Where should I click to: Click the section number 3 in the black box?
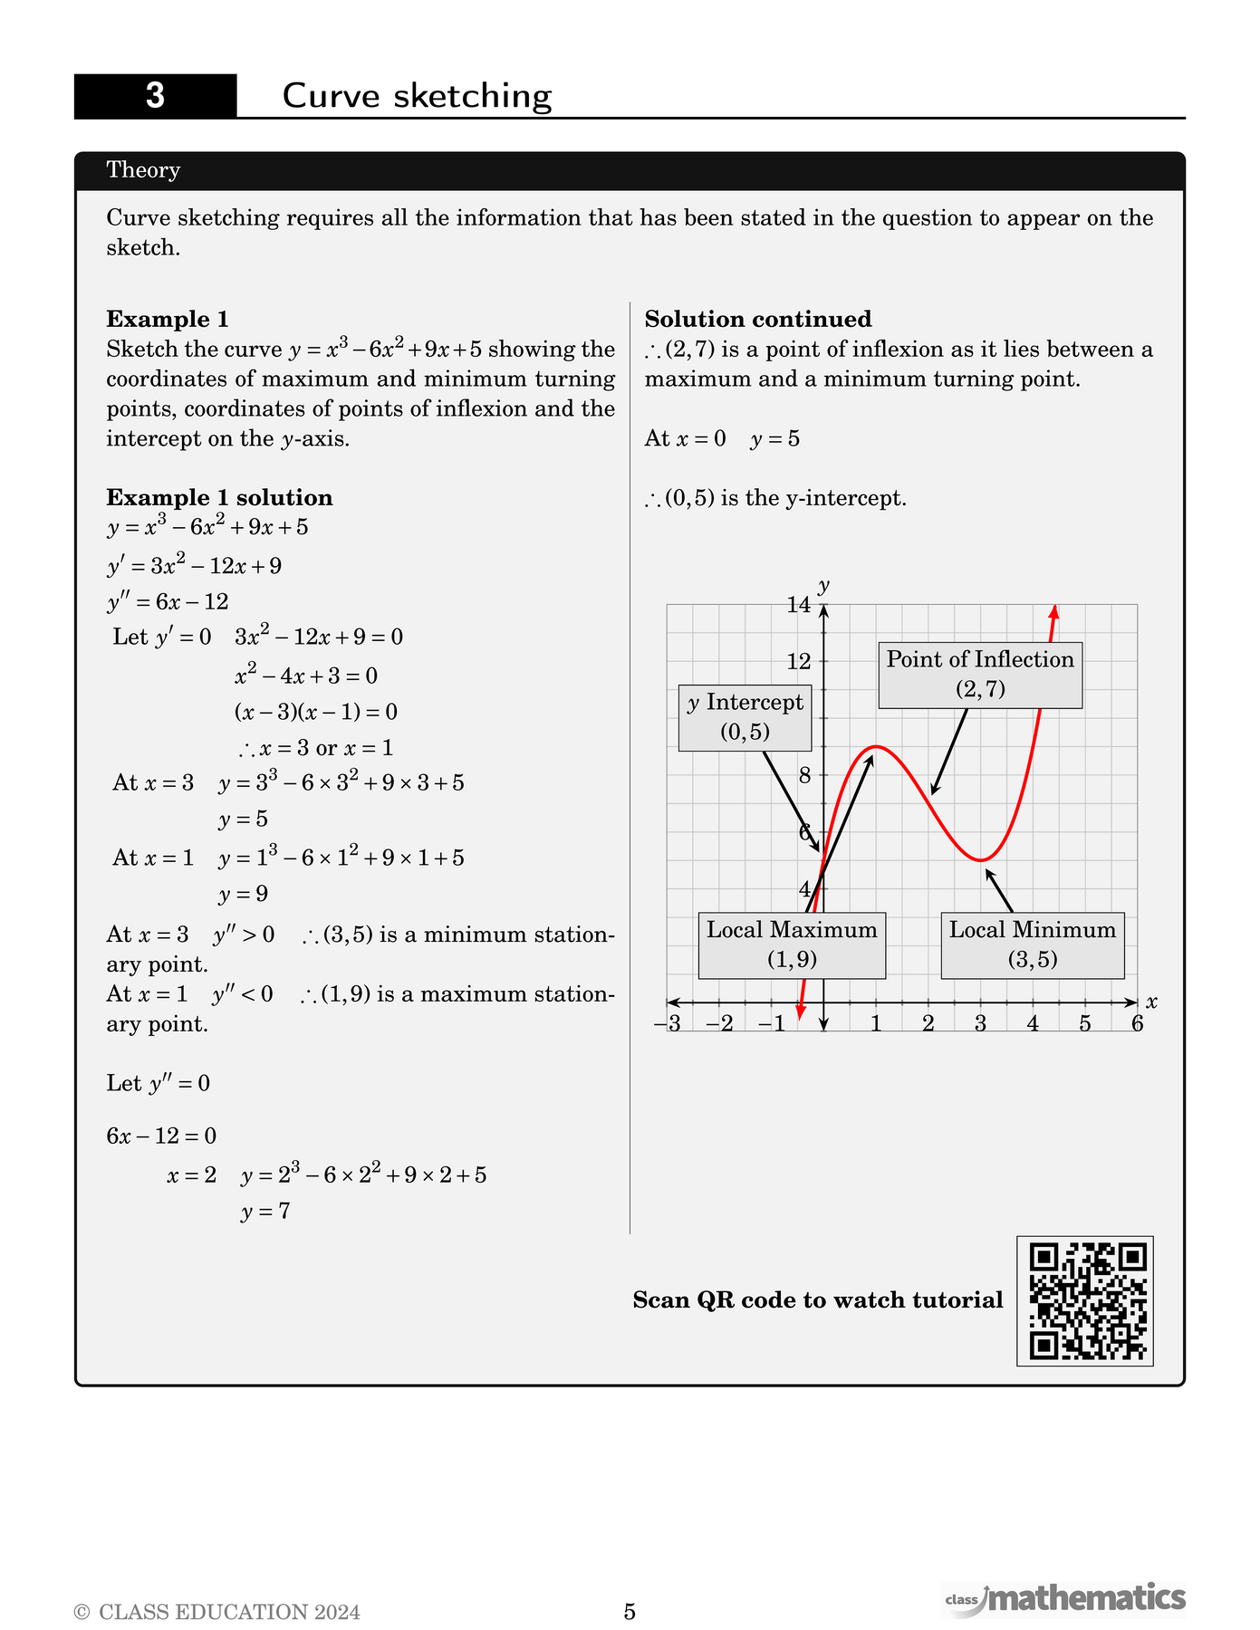[155, 96]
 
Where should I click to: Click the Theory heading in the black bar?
[143, 170]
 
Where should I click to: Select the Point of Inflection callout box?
[980, 675]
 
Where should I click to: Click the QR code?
[1084, 1300]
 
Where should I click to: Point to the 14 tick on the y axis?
[799, 605]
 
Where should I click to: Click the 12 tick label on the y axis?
[799, 662]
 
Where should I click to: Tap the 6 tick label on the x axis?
[1137, 1024]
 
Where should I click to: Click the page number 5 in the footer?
[630, 1612]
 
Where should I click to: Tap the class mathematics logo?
[1065, 1599]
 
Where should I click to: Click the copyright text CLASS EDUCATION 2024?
[217, 1613]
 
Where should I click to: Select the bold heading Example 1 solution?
[219, 497]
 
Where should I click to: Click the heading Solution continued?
[758, 319]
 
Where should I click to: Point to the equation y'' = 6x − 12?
[168, 602]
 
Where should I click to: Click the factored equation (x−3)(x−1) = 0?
[316, 712]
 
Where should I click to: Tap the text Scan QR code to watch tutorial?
[818, 1300]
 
